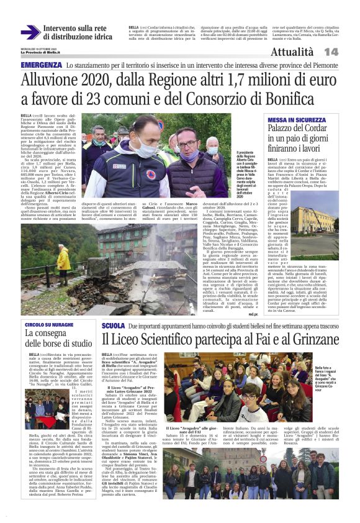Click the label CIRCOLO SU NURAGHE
(x=49, y=325)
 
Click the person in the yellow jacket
(x=63, y=257)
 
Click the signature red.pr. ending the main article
(x=252, y=314)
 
